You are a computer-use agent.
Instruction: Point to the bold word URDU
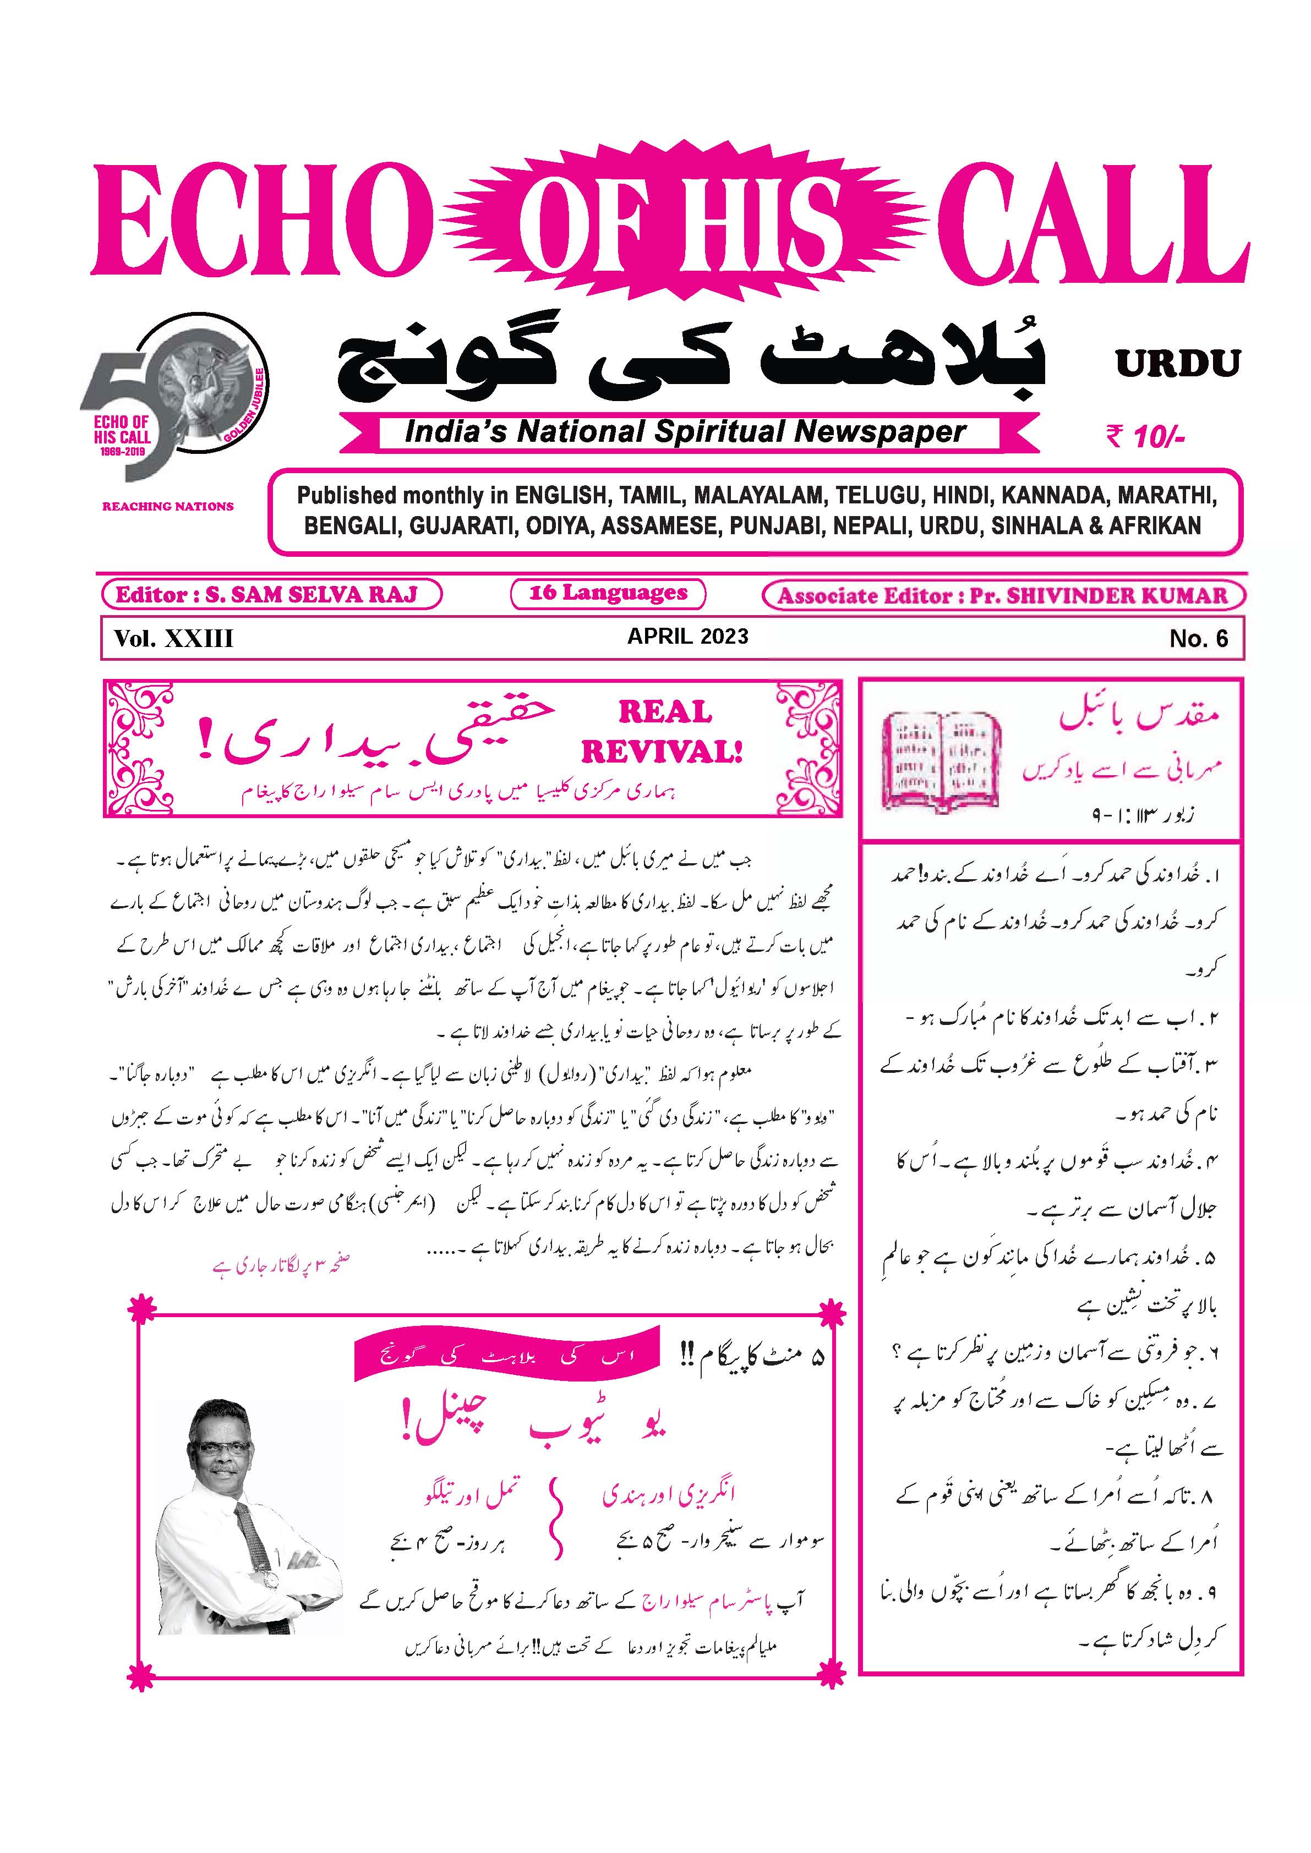[x=1178, y=364]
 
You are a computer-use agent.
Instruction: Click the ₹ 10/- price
[x=1145, y=437]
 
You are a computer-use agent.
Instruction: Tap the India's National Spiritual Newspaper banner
[x=686, y=432]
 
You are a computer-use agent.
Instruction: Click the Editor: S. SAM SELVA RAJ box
[x=271, y=595]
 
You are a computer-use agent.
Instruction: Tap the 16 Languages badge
[x=608, y=593]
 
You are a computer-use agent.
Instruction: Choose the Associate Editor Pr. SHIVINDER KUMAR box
[x=1003, y=596]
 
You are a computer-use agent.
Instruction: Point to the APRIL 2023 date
[x=688, y=636]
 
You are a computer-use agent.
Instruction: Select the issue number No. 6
[x=1198, y=639]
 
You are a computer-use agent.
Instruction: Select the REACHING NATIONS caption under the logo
[x=168, y=507]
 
